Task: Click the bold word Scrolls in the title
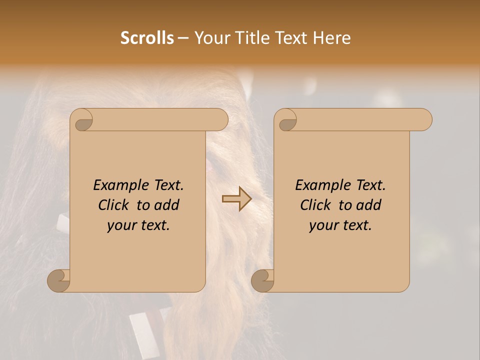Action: click(x=147, y=38)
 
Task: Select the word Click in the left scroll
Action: click(x=114, y=205)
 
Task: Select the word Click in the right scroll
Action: click(x=316, y=205)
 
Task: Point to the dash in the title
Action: click(x=183, y=38)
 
